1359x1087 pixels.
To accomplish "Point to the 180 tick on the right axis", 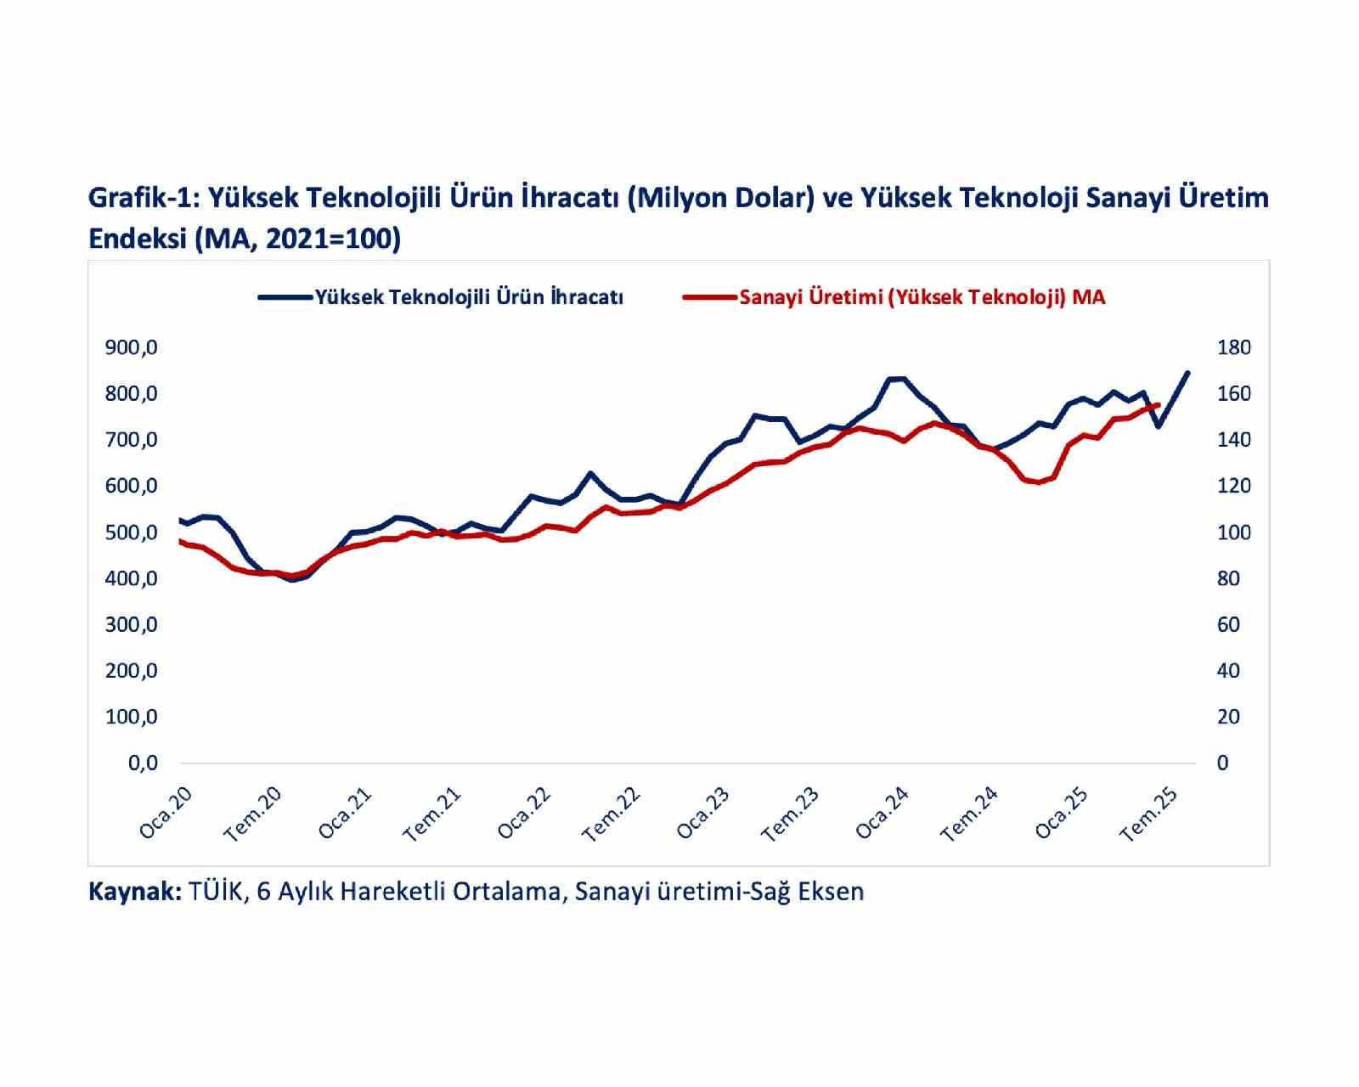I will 1233,347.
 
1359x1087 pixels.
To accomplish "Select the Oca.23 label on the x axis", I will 703,813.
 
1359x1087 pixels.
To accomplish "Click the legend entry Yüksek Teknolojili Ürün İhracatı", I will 469,297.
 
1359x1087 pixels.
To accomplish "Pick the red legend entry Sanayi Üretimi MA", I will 922,297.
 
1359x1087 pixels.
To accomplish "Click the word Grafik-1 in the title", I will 142,198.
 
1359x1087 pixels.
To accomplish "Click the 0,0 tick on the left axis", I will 142,763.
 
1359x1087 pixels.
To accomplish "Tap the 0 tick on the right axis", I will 1222,763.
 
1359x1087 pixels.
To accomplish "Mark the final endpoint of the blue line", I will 1187,372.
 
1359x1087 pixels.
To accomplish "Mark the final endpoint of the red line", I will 1159,405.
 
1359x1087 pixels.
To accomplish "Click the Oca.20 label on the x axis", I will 166,813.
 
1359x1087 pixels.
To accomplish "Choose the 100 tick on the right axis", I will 1233,532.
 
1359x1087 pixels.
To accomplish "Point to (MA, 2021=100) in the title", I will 296,239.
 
